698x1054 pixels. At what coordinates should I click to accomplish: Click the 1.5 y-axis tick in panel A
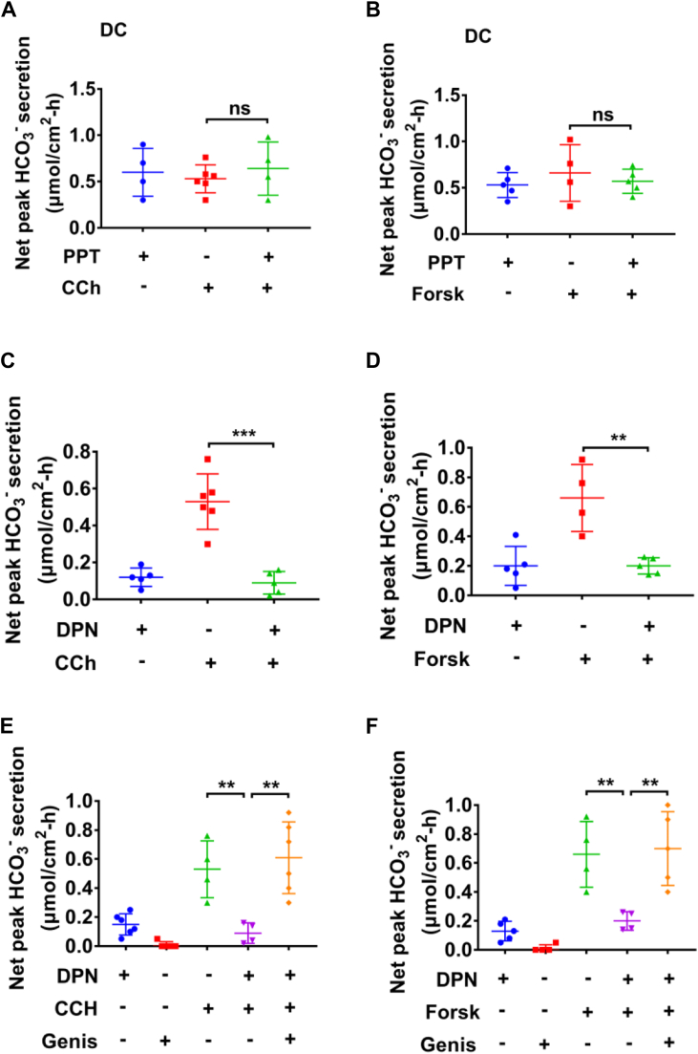coord(65,90)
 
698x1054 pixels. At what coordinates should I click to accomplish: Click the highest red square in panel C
coord(207,460)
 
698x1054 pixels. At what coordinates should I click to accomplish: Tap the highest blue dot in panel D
coord(490,535)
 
